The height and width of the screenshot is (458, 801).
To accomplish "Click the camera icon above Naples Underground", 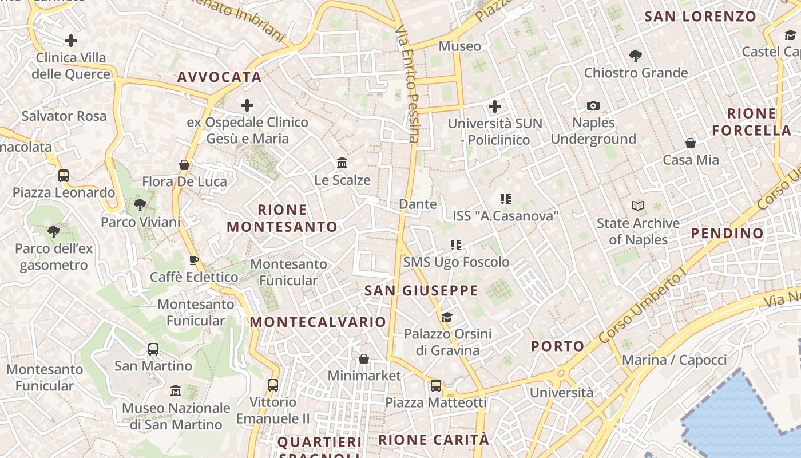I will [x=593, y=105].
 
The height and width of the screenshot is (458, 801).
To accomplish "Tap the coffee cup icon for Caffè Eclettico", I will [x=194, y=260].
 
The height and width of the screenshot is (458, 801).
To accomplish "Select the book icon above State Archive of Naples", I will [x=638, y=206].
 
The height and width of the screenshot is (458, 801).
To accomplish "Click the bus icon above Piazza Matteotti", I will [x=436, y=385].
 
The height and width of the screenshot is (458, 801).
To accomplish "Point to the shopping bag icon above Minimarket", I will [x=364, y=359].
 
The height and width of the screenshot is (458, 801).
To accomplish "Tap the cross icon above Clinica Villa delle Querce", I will [x=71, y=41].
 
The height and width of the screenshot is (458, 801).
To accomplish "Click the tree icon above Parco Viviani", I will [x=140, y=205].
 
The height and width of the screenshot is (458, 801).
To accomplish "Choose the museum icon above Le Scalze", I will [x=342, y=163].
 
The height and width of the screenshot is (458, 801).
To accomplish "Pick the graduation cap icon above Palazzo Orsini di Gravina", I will [x=447, y=317].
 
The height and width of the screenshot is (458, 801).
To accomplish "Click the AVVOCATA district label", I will [x=219, y=77].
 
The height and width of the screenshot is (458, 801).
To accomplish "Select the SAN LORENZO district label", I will [x=700, y=17].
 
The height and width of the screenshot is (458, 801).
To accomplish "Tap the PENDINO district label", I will [x=727, y=233].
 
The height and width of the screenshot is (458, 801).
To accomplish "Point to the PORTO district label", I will [x=557, y=346].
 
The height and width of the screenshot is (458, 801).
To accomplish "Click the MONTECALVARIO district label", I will [x=318, y=322].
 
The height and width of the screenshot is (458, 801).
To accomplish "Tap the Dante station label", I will [x=418, y=204].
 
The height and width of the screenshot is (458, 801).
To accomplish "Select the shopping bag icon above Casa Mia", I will [x=691, y=143].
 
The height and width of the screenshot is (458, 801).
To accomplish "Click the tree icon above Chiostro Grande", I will [x=635, y=56].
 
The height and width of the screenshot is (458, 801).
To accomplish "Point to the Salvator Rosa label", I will [x=64, y=116].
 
